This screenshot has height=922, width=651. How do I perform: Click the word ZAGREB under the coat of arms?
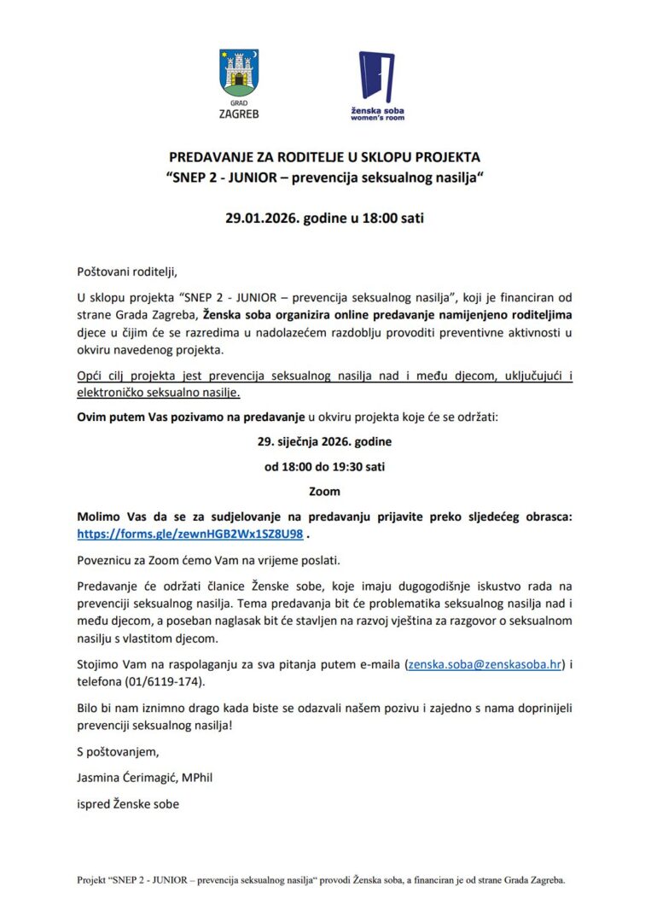click(x=240, y=114)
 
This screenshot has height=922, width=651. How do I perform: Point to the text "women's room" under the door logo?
click(x=377, y=118)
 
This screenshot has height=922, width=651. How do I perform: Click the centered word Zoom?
click(x=324, y=491)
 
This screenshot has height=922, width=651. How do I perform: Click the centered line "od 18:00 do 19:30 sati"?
click(x=324, y=467)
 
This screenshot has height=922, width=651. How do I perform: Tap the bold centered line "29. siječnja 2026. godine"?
click(x=324, y=443)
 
